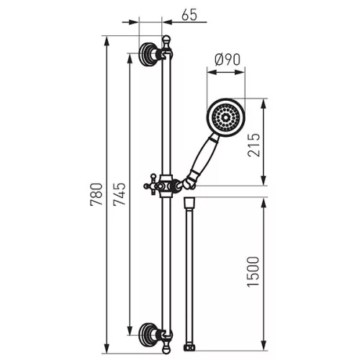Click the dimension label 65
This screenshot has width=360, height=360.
[x=189, y=14]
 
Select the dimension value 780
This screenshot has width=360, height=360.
[x=96, y=194]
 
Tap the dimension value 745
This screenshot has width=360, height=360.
[x=120, y=194]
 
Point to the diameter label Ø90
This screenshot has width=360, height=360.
[x=228, y=60]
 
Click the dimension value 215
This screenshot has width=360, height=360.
[x=253, y=145]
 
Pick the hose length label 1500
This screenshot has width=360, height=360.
[x=253, y=271]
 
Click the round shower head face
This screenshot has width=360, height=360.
[x=225, y=117]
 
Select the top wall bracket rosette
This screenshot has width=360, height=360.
[x=147, y=55]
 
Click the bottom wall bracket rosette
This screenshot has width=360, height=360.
[x=147, y=335]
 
